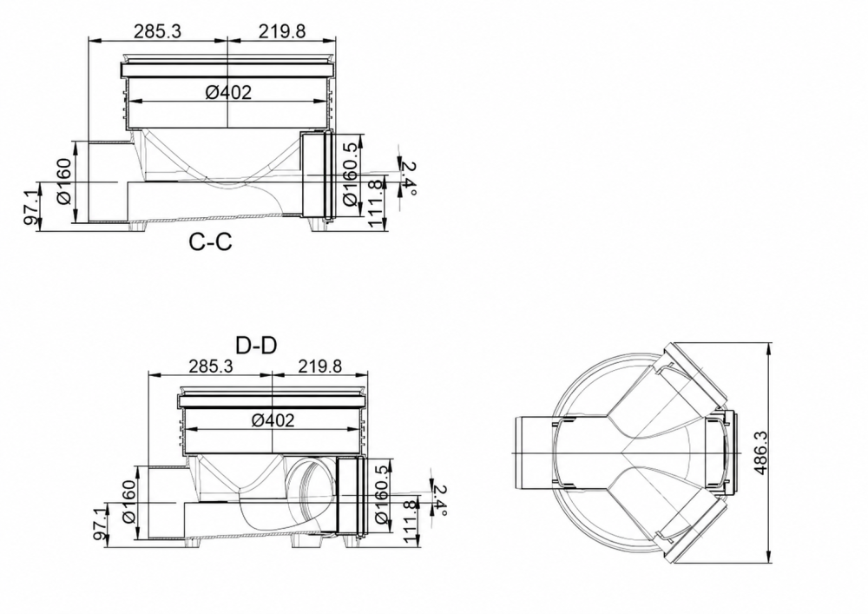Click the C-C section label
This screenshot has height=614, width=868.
click(210, 242)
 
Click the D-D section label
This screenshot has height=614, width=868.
click(256, 346)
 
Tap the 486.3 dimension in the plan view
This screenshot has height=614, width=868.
click(761, 452)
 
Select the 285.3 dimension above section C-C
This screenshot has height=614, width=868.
click(158, 31)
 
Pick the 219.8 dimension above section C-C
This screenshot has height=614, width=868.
click(282, 31)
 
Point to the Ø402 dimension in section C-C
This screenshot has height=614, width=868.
click(228, 92)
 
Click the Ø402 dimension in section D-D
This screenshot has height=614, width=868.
click(273, 420)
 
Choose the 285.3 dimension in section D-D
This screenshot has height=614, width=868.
click(211, 366)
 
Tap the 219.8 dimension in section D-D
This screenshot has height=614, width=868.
click(320, 366)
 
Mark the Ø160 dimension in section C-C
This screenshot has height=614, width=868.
click(64, 181)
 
